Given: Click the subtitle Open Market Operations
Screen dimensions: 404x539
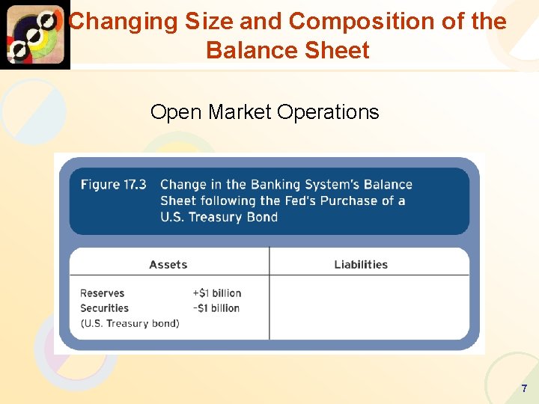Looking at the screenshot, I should click(x=264, y=112).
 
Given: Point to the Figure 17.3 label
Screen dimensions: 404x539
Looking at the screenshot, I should click(x=113, y=185).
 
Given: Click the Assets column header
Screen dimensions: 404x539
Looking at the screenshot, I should click(x=168, y=264).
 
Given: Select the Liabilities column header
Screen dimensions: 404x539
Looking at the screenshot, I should click(x=361, y=264).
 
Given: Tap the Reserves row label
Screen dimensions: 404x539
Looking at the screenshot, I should click(x=103, y=293).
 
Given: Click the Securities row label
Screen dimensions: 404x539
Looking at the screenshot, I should click(x=105, y=308).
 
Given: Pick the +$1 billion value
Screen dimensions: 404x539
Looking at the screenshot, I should click(x=216, y=293).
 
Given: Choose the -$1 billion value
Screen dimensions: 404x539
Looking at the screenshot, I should click(x=216, y=308).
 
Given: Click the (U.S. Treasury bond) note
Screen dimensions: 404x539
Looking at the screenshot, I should click(x=130, y=323).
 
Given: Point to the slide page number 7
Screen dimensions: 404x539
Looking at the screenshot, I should click(x=524, y=388).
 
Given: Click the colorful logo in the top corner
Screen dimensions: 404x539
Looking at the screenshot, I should click(x=34, y=34).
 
